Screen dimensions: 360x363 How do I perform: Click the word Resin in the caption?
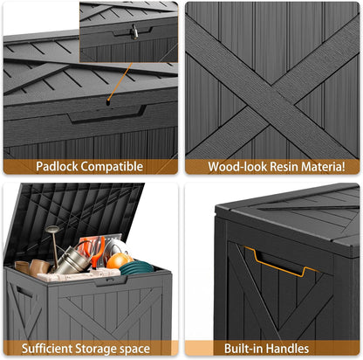click(288, 167)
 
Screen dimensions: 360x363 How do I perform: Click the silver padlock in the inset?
click(135, 31)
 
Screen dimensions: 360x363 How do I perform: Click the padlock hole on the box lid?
click(109, 100)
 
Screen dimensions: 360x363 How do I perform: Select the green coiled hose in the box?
click(138, 267)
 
